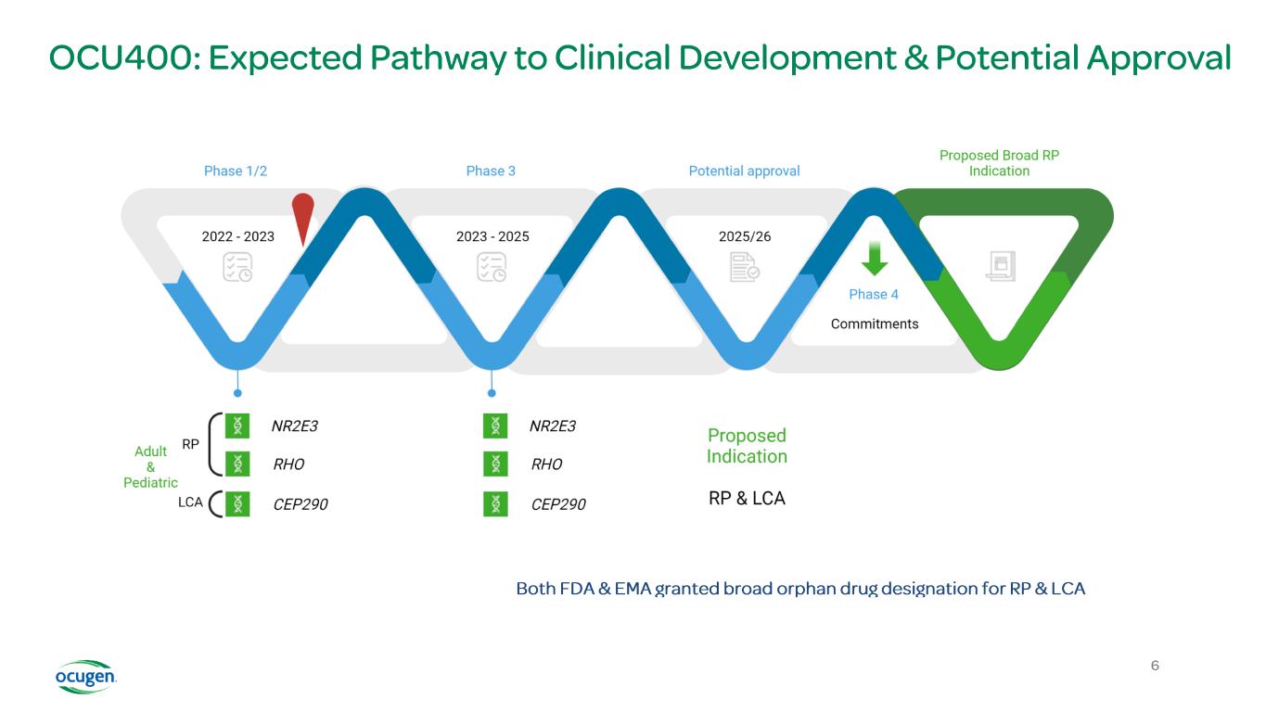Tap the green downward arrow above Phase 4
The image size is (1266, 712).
pos(874,257)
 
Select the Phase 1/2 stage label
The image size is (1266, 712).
pos(236,171)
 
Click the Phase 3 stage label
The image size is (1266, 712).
pos(491,171)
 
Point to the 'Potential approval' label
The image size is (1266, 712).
pos(744,171)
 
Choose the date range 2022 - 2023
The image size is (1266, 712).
pos(237,236)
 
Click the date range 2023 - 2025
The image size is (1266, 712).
pos(492,236)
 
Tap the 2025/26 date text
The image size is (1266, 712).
pos(745,236)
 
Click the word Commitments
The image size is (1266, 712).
pos(875,324)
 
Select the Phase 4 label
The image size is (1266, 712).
pos(874,294)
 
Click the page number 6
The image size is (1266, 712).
pos(1155,666)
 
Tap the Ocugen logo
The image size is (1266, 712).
pos(85,677)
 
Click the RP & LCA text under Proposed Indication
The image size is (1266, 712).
pos(747,498)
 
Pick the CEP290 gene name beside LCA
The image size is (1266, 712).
pos(301,504)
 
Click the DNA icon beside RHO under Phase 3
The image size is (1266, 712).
pos(496,464)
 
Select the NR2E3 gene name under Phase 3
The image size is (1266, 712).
pos(553,426)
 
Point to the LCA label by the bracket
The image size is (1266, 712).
pos(190,502)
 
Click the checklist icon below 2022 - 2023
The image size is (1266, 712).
pos(237,268)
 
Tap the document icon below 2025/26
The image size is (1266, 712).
pos(745,268)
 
